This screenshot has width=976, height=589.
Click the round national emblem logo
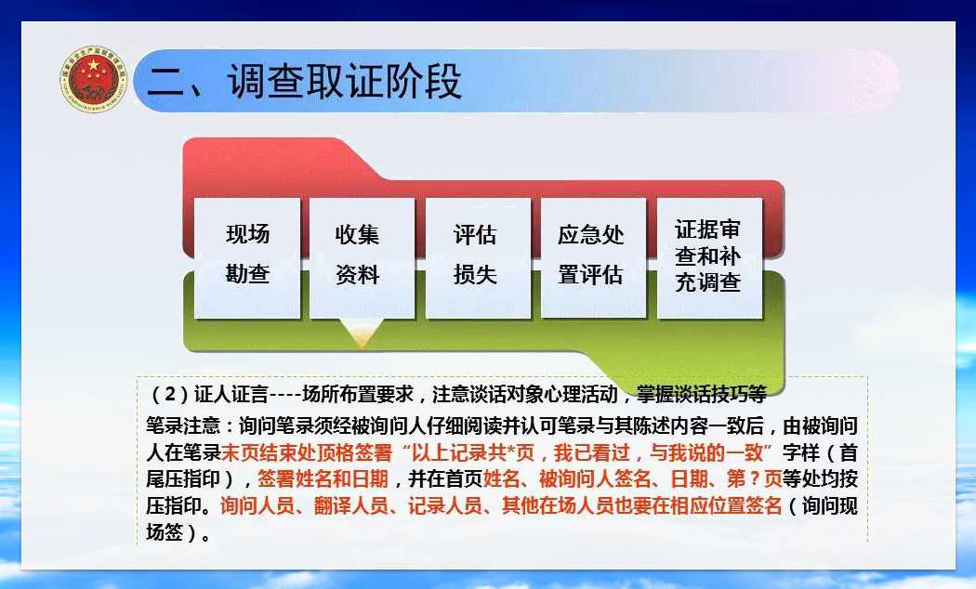(94, 80)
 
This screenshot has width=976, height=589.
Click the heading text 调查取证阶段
(344, 82)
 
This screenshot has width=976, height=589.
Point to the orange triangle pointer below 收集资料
(362, 333)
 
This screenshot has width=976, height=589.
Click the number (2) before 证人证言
(170, 394)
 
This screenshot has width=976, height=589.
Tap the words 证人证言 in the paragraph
(231, 394)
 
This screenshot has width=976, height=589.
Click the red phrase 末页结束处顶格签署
(306, 452)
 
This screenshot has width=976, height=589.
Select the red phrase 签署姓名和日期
(323, 478)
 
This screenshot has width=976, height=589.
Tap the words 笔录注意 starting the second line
(184, 425)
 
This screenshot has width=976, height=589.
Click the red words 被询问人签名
(595, 478)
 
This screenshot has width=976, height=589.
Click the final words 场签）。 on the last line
(178, 532)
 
